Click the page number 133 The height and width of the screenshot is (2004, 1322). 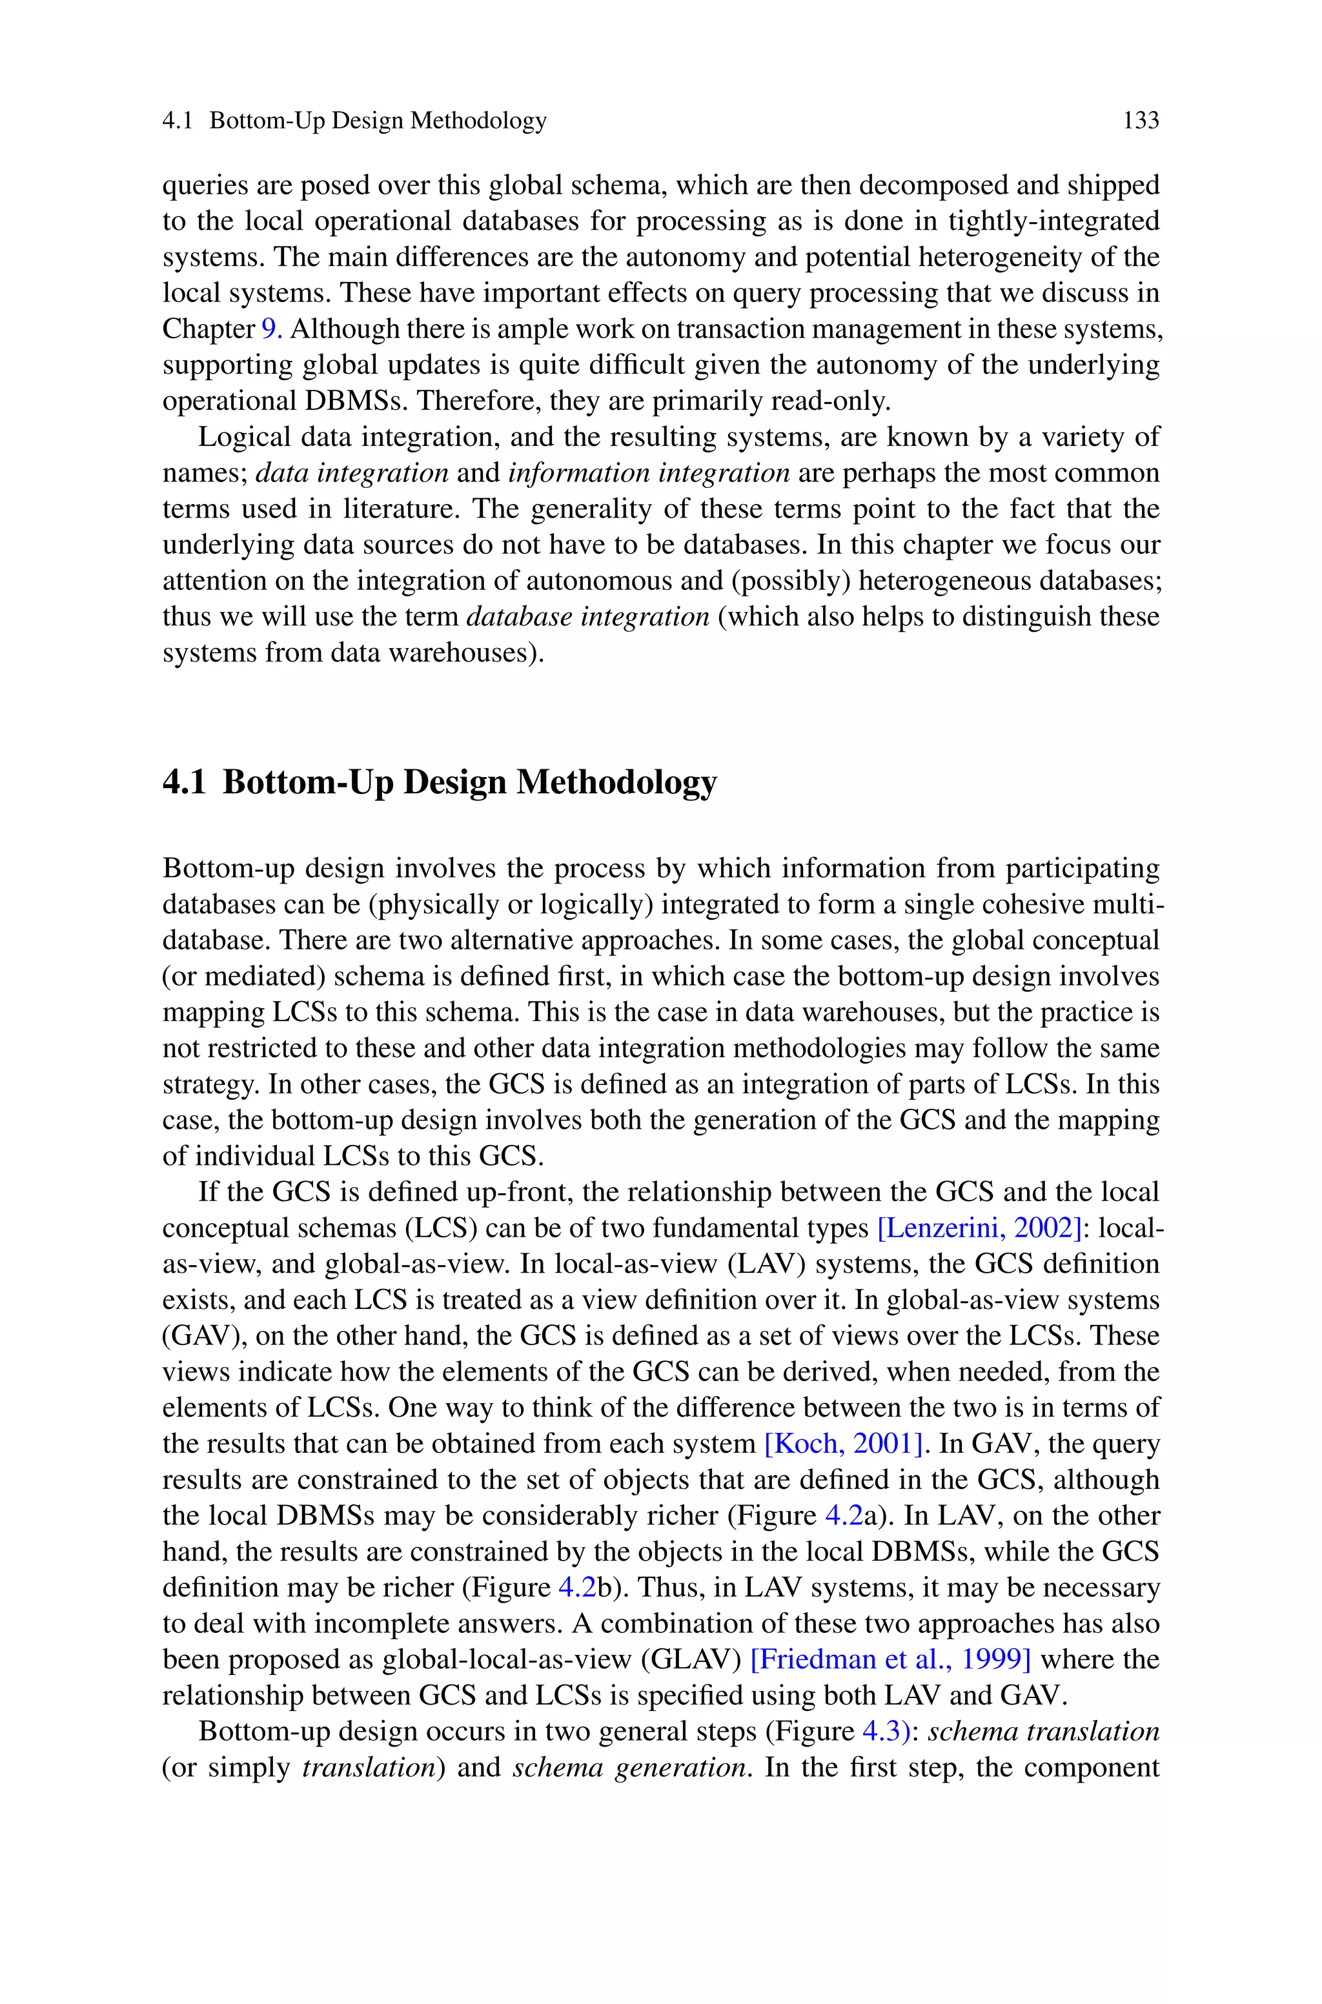pyautogui.click(x=1141, y=121)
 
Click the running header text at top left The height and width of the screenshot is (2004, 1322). pyautogui.click(x=354, y=121)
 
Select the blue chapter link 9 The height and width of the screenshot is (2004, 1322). pyautogui.click(x=272, y=329)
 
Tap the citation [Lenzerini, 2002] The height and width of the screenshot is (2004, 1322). pyautogui.click(x=979, y=1228)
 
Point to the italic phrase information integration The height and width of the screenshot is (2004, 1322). pyautogui.click(x=648, y=473)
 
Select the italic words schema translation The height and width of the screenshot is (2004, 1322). pyautogui.click(x=1044, y=1731)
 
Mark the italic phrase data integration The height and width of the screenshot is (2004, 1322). pyautogui.click(x=352, y=473)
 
